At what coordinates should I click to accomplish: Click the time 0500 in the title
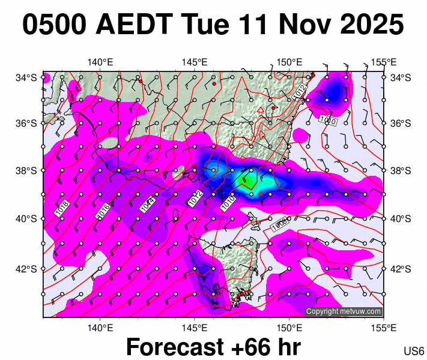click(55, 26)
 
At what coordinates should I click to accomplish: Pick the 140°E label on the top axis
click(100, 62)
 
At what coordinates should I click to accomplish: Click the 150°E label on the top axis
click(289, 62)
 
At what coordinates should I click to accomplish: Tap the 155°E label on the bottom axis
click(384, 328)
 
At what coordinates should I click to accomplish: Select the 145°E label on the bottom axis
click(195, 328)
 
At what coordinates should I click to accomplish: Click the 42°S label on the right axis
click(401, 269)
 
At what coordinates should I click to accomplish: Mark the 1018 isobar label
click(61, 208)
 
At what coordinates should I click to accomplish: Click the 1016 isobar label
click(103, 209)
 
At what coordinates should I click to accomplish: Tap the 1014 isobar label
click(146, 205)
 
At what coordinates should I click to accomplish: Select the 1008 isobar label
click(280, 224)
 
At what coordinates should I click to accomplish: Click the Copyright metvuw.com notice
click(344, 311)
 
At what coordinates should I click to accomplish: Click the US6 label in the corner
click(414, 351)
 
